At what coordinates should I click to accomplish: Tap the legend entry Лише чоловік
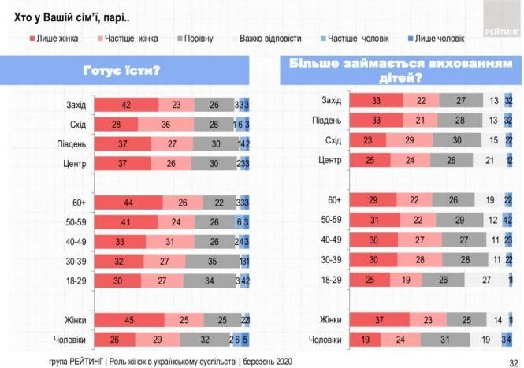pyautogui.click(x=437, y=38)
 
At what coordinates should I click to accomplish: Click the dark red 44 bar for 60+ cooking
pyautogui.click(x=128, y=203)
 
